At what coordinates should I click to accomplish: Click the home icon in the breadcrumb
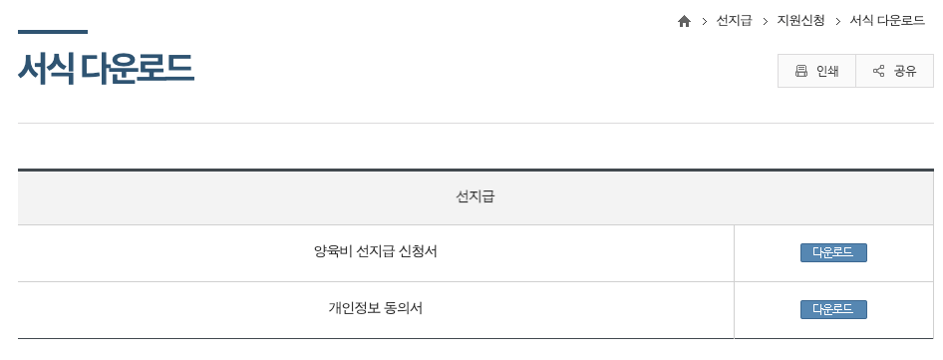pos(684,21)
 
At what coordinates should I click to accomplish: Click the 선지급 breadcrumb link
pos(734,21)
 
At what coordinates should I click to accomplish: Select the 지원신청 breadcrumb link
pos(800,21)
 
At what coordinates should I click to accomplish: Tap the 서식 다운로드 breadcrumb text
pos(887,21)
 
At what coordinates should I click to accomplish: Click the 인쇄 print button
pos(816,71)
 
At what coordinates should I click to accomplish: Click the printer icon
pos(800,71)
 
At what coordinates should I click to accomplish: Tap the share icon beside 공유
pos(878,71)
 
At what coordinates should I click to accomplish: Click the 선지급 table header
pos(474,196)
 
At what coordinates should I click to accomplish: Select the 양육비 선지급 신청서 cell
pos(375,251)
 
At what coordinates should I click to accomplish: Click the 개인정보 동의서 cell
pos(375,308)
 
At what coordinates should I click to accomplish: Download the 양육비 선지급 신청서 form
pos(833,252)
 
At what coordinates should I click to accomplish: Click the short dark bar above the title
pos(52,32)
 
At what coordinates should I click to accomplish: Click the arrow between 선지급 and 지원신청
pos(765,21)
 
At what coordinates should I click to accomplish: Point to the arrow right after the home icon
pos(704,21)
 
